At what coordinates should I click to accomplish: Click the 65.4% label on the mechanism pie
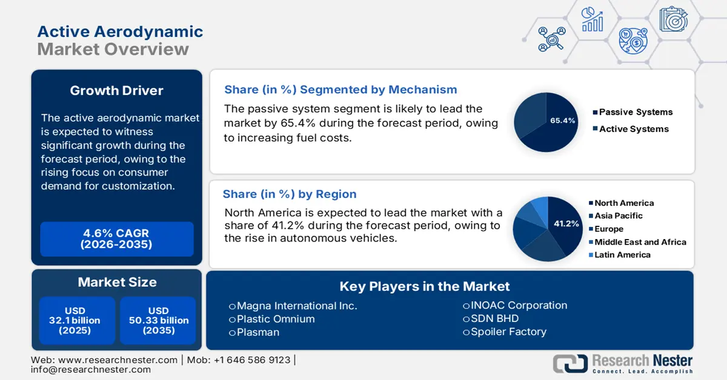click(x=562, y=120)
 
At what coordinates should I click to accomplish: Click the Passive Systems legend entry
click(x=635, y=112)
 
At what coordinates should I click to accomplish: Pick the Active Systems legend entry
click(x=633, y=129)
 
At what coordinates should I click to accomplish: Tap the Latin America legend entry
click(x=622, y=255)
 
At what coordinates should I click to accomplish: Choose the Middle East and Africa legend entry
click(x=640, y=242)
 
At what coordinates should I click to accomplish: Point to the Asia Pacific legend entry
click(x=618, y=215)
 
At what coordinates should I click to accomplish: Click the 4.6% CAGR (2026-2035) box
click(x=116, y=239)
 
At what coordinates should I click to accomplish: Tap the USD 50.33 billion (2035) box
click(x=159, y=321)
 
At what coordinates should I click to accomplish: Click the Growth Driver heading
click(x=116, y=91)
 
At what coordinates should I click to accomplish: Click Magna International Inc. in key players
click(x=297, y=306)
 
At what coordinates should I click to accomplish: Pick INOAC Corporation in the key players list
click(x=519, y=306)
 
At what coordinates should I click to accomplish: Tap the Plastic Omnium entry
click(x=276, y=319)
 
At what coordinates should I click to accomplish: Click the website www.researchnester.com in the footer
click(x=115, y=360)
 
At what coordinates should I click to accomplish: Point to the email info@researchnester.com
click(x=90, y=370)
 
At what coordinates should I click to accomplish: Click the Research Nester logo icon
click(x=570, y=363)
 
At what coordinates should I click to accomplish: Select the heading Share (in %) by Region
click(x=290, y=194)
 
